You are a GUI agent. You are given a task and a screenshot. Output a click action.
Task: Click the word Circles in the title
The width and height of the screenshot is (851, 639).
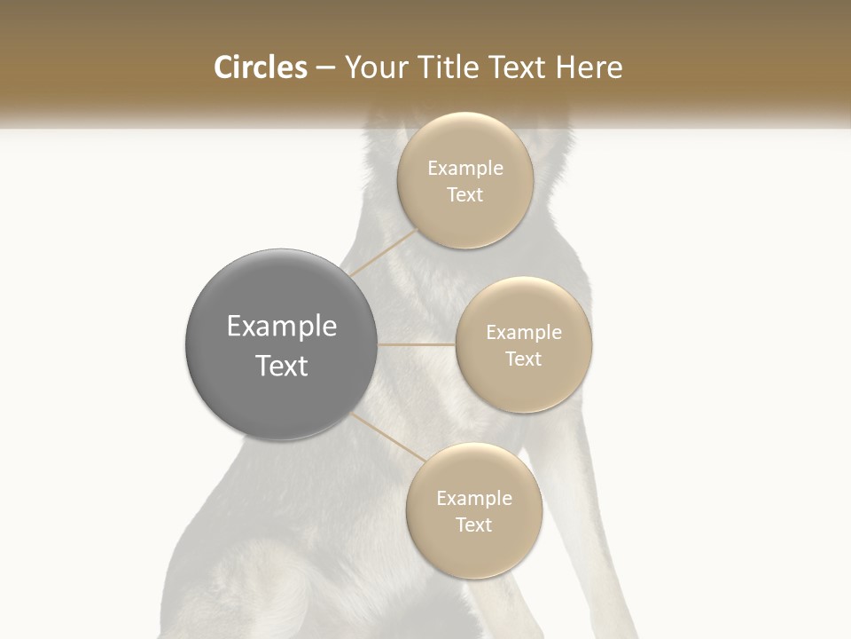260,67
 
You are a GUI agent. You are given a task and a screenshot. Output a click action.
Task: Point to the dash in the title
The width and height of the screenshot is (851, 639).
325,68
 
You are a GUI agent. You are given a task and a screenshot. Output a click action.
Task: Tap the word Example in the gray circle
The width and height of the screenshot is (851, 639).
282,327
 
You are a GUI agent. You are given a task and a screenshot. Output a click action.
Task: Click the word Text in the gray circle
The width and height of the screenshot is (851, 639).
282,366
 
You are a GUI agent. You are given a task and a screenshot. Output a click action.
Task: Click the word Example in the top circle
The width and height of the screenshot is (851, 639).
465,169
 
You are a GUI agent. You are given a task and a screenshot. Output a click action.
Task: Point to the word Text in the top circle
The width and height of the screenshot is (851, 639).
465,195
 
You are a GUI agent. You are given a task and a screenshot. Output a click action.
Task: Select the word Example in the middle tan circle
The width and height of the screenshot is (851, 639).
524,333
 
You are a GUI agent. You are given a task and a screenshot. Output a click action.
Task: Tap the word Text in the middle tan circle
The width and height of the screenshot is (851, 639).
524,359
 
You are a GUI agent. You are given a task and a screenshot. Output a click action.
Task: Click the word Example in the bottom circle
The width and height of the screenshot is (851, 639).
474,499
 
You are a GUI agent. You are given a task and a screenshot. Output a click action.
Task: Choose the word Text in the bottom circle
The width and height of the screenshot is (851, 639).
474,525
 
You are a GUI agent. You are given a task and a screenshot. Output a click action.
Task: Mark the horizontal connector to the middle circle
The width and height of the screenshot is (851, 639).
417,344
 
